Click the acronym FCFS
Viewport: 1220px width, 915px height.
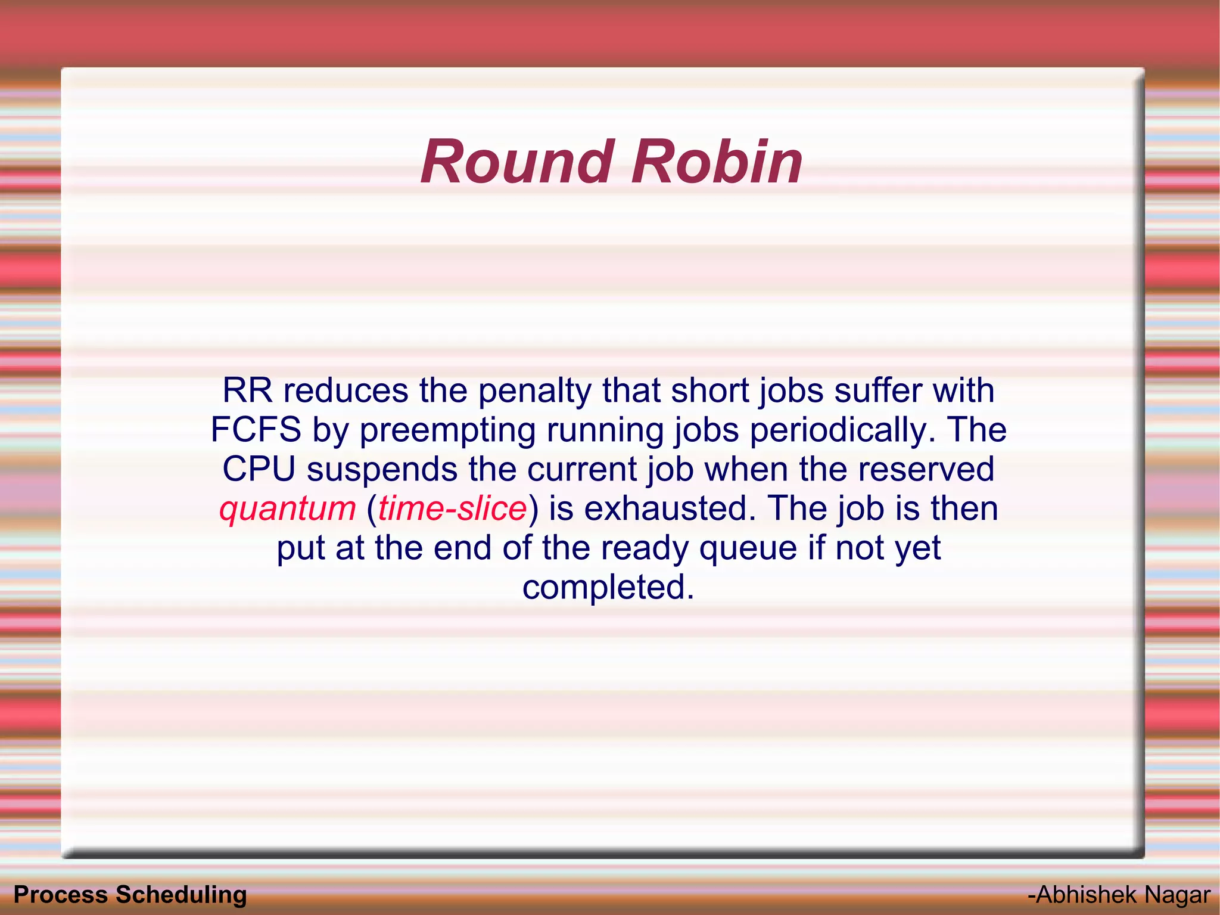(x=256, y=430)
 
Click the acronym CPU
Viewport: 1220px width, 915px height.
(x=259, y=469)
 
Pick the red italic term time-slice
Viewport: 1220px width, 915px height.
(x=453, y=508)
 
